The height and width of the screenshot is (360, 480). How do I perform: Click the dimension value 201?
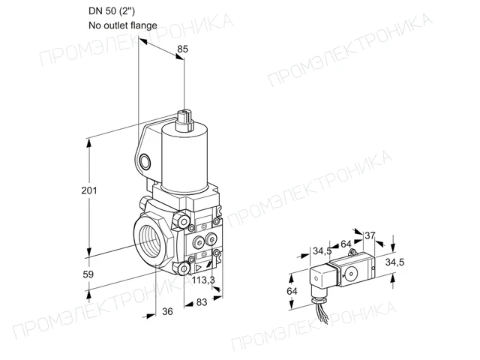click(89, 190)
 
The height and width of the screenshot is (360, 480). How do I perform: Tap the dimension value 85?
click(183, 49)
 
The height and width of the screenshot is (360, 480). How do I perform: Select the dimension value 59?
click(88, 274)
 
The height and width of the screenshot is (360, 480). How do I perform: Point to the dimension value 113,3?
click(203, 280)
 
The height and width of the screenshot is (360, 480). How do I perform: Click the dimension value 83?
click(202, 302)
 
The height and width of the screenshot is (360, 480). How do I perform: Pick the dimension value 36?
click(167, 311)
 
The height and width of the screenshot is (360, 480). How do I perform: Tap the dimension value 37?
click(370, 235)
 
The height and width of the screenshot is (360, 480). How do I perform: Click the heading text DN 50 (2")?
click(112, 11)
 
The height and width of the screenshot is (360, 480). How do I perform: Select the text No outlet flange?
click(123, 25)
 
